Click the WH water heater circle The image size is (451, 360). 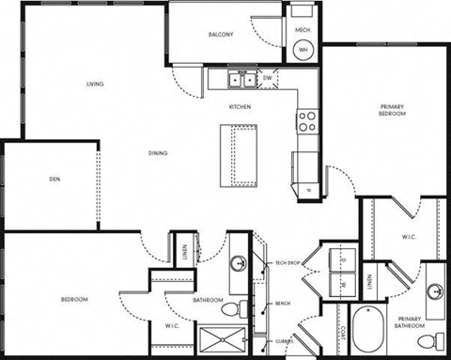(303, 49)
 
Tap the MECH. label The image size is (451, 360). (303, 30)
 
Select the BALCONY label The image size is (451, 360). (221, 35)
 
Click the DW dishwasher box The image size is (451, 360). (268, 78)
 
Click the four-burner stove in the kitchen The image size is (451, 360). (306, 121)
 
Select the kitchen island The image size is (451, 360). (241, 153)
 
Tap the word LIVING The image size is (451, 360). (95, 85)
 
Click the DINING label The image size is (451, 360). (157, 153)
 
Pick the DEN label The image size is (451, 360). (54, 179)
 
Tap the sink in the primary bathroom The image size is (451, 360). (435, 290)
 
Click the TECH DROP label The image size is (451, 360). (286, 262)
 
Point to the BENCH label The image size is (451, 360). (283, 304)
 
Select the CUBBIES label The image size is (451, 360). (285, 342)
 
